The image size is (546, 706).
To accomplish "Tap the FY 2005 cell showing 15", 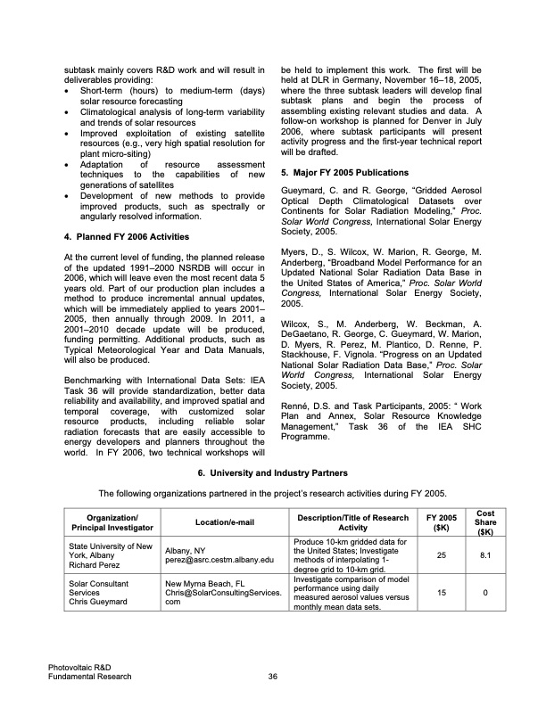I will [x=440, y=592].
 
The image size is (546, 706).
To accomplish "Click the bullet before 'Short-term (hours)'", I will [x=70, y=92].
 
